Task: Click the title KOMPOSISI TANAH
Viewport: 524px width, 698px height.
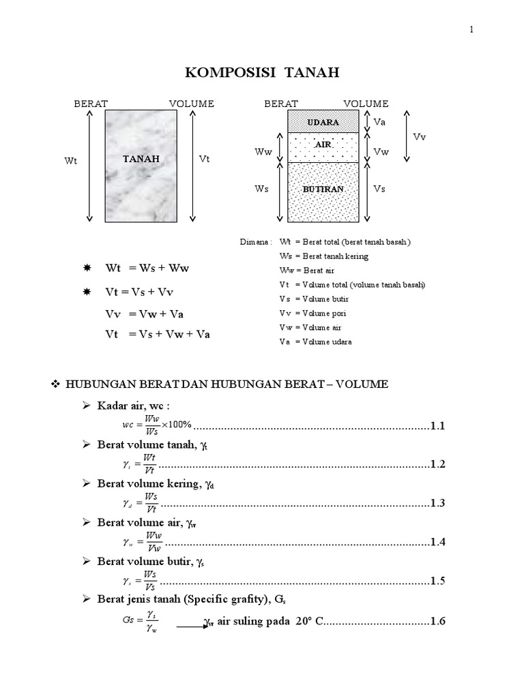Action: click(x=262, y=72)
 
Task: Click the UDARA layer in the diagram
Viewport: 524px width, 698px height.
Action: click(x=323, y=122)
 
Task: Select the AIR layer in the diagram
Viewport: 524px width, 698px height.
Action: click(x=323, y=145)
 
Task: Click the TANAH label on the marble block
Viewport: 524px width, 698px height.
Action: click(x=141, y=159)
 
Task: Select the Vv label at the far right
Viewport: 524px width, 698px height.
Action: click(x=420, y=136)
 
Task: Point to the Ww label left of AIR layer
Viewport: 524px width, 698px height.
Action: click(x=263, y=152)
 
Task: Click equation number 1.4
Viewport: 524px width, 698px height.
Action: click(x=437, y=542)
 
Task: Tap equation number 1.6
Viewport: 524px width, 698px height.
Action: click(x=437, y=622)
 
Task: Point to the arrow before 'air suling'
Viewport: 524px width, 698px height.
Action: click(x=192, y=624)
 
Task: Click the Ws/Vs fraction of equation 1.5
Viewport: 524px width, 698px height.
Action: click(x=150, y=581)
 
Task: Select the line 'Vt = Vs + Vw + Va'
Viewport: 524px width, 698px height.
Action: click(x=158, y=335)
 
